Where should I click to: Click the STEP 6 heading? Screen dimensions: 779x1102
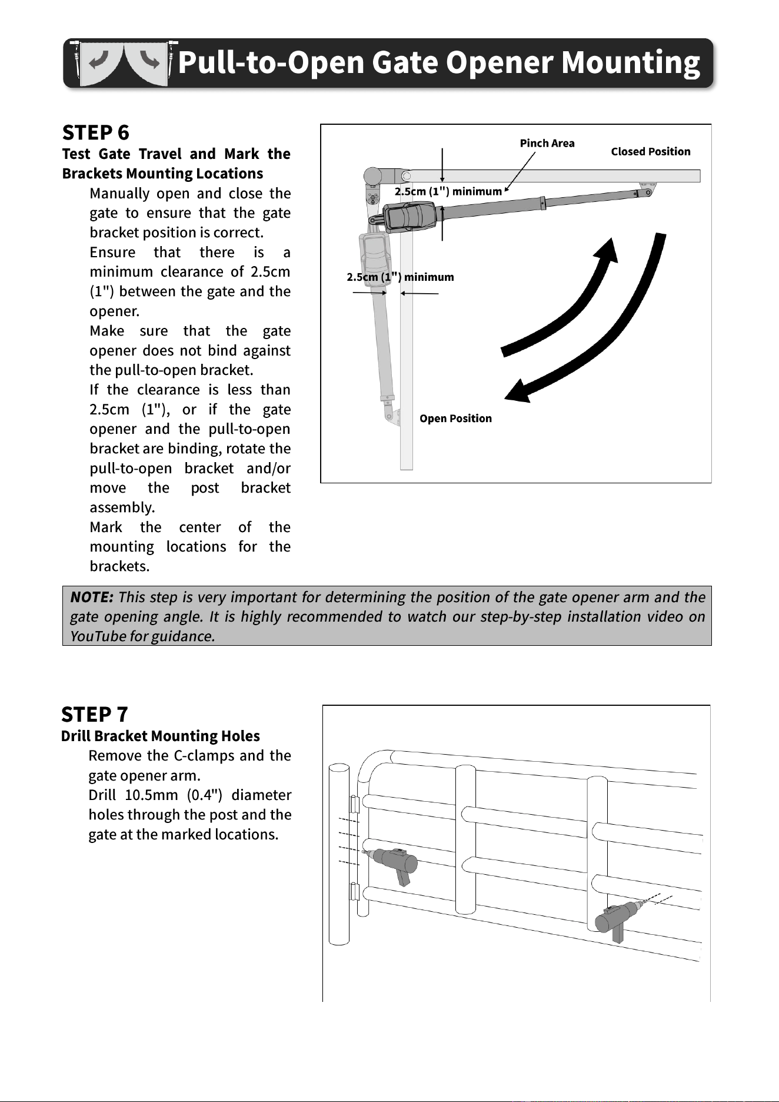pyautogui.click(x=95, y=132)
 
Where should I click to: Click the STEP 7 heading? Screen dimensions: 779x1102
pyautogui.click(x=94, y=714)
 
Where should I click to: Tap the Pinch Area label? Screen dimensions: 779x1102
pyautogui.click(x=547, y=143)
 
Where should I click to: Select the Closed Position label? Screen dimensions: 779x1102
pyautogui.click(x=651, y=151)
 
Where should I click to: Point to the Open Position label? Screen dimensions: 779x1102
pyautogui.click(x=455, y=419)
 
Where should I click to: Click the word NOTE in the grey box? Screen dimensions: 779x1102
pyautogui.click(x=92, y=597)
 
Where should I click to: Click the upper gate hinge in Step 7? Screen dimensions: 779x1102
pyautogui.click(x=355, y=805)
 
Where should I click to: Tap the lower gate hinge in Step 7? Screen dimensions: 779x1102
pyautogui.click(x=355, y=892)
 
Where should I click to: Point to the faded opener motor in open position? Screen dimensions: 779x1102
pyautogui.click(x=372, y=258)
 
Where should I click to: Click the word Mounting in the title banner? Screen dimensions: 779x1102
pyautogui.click(x=631, y=62)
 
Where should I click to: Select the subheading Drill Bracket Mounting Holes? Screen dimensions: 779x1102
pyautogui.click(x=161, y=736)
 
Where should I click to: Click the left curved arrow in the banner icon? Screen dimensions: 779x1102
pyautogui.click(x=99, y=61)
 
